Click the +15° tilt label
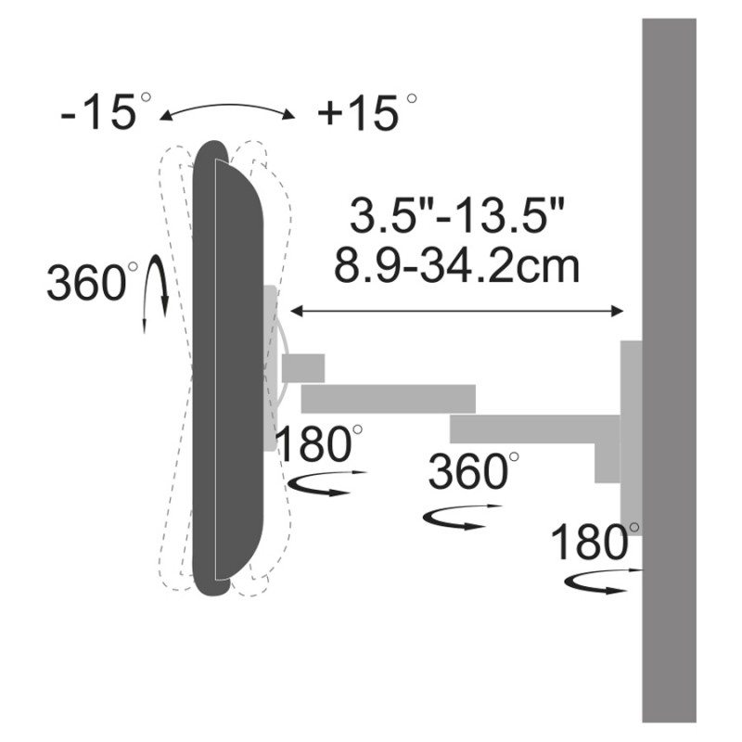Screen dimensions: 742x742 (366, 112)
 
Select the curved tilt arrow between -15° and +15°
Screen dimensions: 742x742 (227, 106)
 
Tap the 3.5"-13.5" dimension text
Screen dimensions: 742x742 (457, 215)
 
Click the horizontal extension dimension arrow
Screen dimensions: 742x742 (456, 311)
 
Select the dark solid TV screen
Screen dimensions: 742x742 (227, 367)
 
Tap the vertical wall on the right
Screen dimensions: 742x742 (669, 370)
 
